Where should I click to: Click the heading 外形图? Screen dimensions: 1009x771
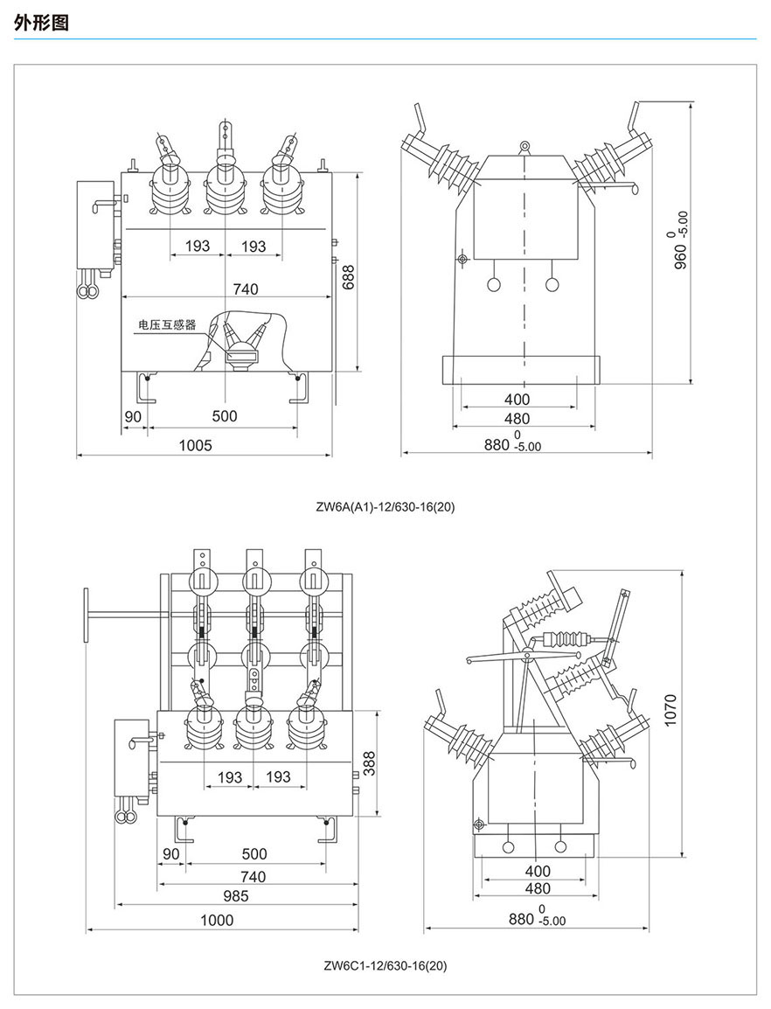(41, 24)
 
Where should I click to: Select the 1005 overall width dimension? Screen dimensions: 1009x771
(196, 445)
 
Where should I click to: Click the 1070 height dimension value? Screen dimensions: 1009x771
(670, 713)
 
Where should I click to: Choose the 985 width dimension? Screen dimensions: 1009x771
(235, 895)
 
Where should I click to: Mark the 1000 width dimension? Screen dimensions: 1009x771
(217, 919)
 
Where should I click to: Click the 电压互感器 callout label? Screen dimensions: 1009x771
(166, 325)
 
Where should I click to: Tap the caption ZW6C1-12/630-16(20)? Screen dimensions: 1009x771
(385, 966)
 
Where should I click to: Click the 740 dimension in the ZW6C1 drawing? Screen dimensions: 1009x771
(253, 876)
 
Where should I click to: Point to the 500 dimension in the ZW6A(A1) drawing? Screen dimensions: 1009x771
(225, 416)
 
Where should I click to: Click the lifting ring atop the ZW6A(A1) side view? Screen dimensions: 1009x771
(524, 145)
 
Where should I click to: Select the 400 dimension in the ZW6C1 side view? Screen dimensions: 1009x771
(538, 871)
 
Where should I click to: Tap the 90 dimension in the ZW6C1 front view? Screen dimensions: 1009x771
(171, 853)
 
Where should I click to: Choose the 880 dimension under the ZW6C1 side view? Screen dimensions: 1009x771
(521, 918)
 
